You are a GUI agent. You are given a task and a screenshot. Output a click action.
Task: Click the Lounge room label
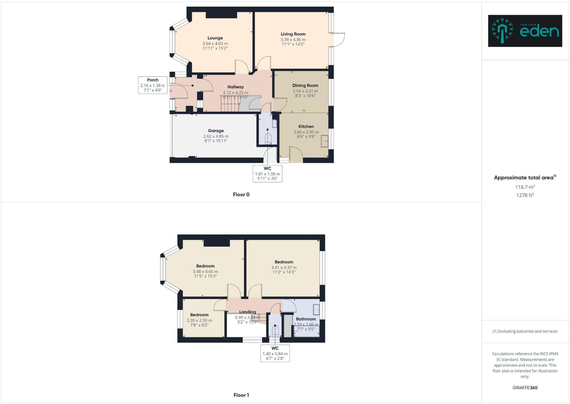click(215, 38)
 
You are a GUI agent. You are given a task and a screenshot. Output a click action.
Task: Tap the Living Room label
click(293, 34)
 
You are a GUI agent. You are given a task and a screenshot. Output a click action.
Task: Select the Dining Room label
click(305, 86)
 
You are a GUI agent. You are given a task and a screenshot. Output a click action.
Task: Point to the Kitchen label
click(306, 127)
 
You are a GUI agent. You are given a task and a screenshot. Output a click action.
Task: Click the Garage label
click(216, 131)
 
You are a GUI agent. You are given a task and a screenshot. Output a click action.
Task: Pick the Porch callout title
click(153, 80)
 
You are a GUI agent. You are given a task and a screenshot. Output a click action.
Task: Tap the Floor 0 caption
click(241, 195)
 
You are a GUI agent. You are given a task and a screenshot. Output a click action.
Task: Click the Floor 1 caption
click(241, 395)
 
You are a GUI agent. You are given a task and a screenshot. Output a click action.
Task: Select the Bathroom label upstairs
click(306, 319)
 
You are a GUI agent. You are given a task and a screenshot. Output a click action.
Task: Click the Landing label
click(247, 312)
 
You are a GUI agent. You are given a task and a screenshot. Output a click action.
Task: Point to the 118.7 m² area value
click(525, 187)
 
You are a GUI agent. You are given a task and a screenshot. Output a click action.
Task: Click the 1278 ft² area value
click(525, 195)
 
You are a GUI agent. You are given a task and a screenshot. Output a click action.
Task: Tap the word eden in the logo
click(539, 32)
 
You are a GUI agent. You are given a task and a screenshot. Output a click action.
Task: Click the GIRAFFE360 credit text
click(525, 388)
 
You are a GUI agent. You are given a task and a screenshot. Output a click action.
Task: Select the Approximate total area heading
click(523, 178)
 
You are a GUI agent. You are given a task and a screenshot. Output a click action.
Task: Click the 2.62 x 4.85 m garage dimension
click(216, 136)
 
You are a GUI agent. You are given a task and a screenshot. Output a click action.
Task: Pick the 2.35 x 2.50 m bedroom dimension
click(199, 320)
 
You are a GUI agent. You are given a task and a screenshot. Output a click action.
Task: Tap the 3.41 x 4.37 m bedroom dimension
click(284, 267)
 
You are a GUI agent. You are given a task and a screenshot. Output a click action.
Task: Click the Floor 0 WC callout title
click(267, 168)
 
